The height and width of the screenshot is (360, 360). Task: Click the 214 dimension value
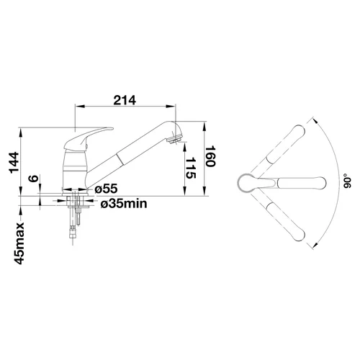pyautogui.click(x=125, y=100)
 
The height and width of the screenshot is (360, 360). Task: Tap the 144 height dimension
pyautogui.click(x=14, y=163)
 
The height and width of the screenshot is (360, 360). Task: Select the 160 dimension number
pyautogui.click(x=210, y=156)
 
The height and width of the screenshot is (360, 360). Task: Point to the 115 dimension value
pyautogui.click(x=191, y=168)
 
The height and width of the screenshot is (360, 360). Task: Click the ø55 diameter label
pyautogui.click(x=106, y=189)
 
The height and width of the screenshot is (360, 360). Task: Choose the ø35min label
pyautogui.click(x=124, y=204)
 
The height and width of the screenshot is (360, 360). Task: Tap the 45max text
pyautogui.click(x=19, y=243)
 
